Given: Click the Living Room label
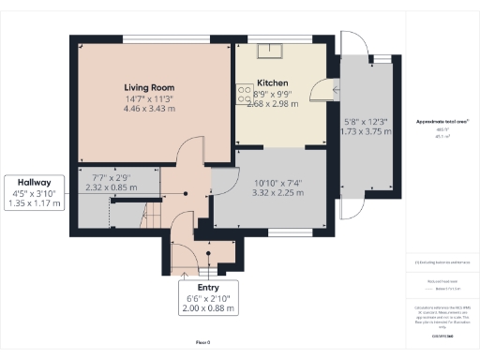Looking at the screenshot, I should (x=150, y=87).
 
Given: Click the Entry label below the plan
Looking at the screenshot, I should (x=208, y=287).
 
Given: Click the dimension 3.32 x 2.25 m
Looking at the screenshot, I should (x=272, y=193).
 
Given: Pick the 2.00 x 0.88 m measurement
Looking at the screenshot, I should (x=208, y=308).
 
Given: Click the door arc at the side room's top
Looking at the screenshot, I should (x=352, y=45).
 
